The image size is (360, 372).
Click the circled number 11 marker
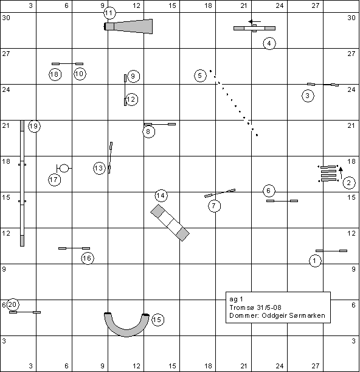point(109,13)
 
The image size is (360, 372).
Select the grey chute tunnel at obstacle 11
point(128,26)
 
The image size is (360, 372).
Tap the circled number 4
point(269,43)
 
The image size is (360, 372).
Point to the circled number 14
point(161,195)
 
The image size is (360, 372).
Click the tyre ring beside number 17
point(64,168)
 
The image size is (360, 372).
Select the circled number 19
point(35,126)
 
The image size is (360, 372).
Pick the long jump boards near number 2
point(328,174)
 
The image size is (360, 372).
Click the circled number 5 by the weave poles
point(200,76)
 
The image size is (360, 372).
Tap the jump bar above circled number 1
point(331,251)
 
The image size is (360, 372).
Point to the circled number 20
point(13,304)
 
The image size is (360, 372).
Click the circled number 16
point(88,258)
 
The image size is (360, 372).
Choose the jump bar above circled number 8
point(160,124)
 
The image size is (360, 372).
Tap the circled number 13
point(99,168)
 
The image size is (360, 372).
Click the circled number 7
point(215,206)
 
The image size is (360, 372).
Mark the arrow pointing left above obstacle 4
point(255,21)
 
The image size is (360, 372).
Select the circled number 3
point(308,96)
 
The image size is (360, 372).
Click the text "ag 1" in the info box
point(236,300)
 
